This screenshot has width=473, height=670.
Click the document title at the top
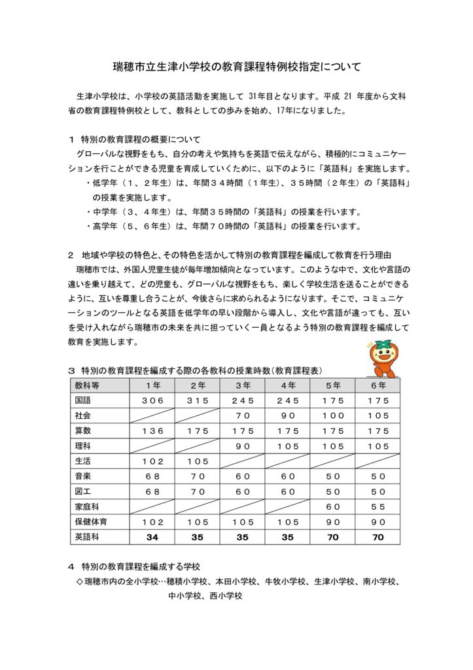[x=236, y=67]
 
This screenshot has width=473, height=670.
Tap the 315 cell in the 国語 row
[x=198, y=400]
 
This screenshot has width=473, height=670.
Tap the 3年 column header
[x=243, y=385]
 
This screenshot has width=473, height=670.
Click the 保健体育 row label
[x=91, y=521]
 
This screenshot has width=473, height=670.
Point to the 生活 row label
[x=83, y=461]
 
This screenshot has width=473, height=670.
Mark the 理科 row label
[x=83, y=446]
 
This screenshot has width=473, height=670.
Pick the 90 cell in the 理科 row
[x=243, y=446]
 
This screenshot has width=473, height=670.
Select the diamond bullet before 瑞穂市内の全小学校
[x=80, y=580]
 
